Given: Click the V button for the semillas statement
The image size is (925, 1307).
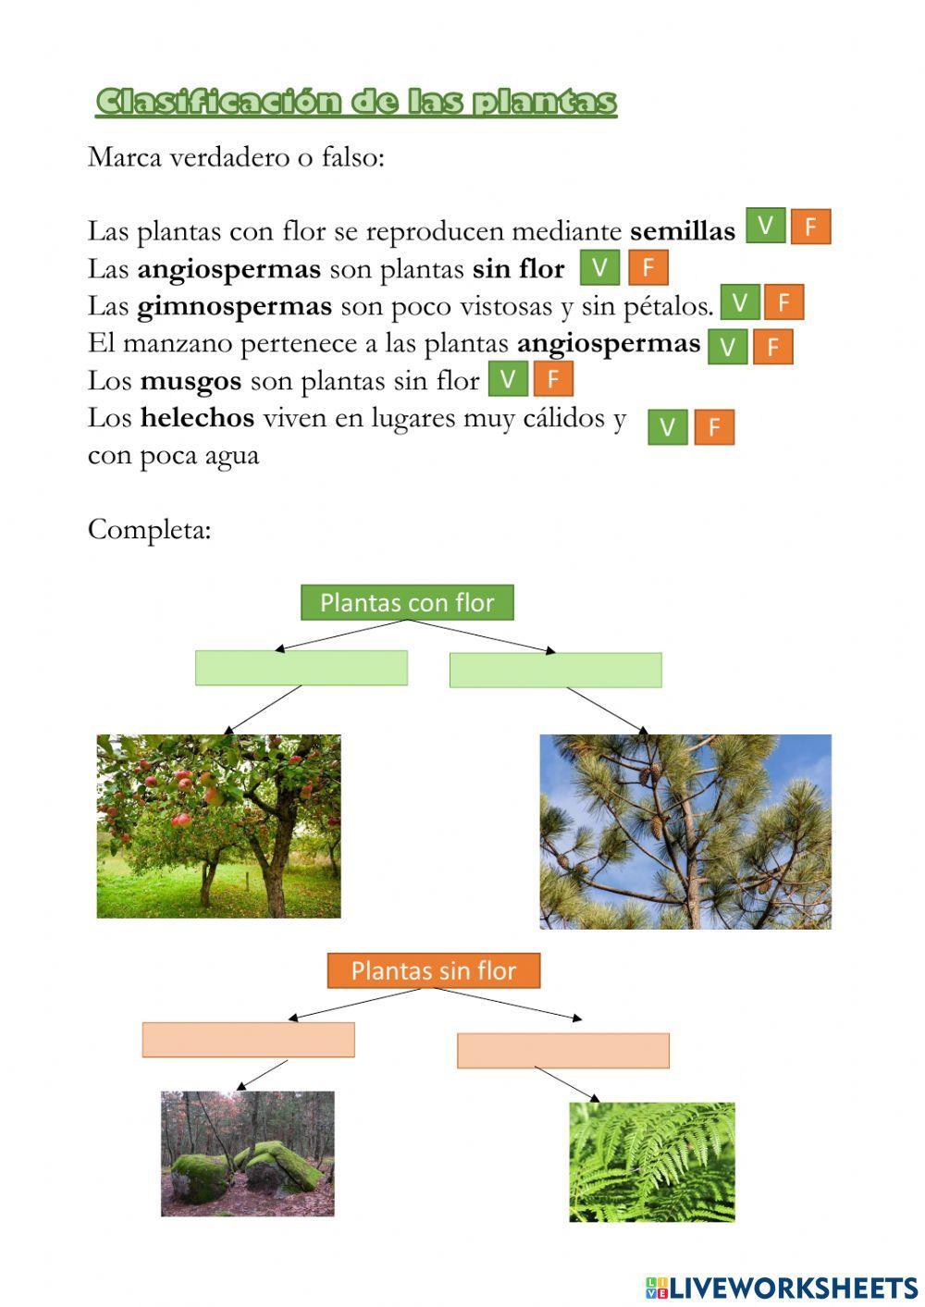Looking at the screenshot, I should [x=765, y=226].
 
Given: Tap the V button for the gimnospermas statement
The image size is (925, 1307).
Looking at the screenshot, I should [x=739, y=302].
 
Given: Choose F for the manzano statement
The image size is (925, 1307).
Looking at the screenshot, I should [x=772, y=347].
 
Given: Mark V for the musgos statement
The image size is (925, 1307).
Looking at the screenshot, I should [x=507, y=379].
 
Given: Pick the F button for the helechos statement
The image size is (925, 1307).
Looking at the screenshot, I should [x=714, y=427].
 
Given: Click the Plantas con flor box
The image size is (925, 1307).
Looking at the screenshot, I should [x=407, y=602].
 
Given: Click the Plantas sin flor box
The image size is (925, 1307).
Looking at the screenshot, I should [x=433, y=970].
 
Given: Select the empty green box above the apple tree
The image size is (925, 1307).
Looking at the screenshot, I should [x=301, y=668].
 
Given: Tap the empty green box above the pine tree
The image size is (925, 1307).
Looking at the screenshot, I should [x=555, y=670].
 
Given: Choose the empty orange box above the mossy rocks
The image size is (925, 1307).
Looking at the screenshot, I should [x=248, y=1040].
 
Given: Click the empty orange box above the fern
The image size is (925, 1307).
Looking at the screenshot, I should [x=562, y=1051].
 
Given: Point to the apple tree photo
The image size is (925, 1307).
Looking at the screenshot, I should [x=218, y=826].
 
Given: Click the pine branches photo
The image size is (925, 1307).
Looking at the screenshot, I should [x=685, y=832].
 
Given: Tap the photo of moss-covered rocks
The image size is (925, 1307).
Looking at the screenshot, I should [x=247, y=1153].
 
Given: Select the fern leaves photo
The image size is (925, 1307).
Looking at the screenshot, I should [x=651, y=1162].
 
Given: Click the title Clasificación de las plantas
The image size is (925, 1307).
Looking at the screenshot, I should [x=356, y=102].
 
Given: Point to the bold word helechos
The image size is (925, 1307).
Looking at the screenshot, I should [x=197, y=418].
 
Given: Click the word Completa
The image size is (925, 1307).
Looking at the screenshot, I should [x=149, y=530].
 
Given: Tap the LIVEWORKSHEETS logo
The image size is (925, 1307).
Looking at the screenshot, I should [x=781, y=1288].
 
